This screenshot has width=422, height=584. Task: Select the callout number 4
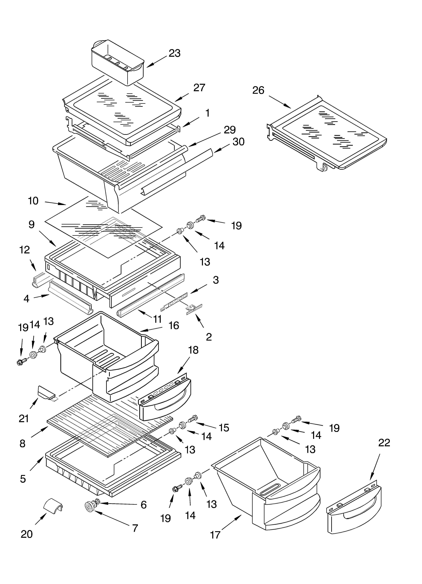(26, 299)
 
